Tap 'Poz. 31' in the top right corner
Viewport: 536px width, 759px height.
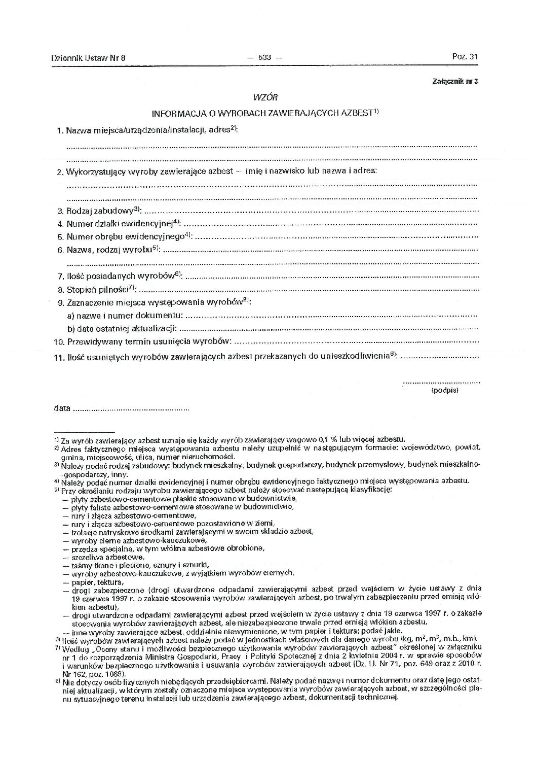point(465,57)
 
